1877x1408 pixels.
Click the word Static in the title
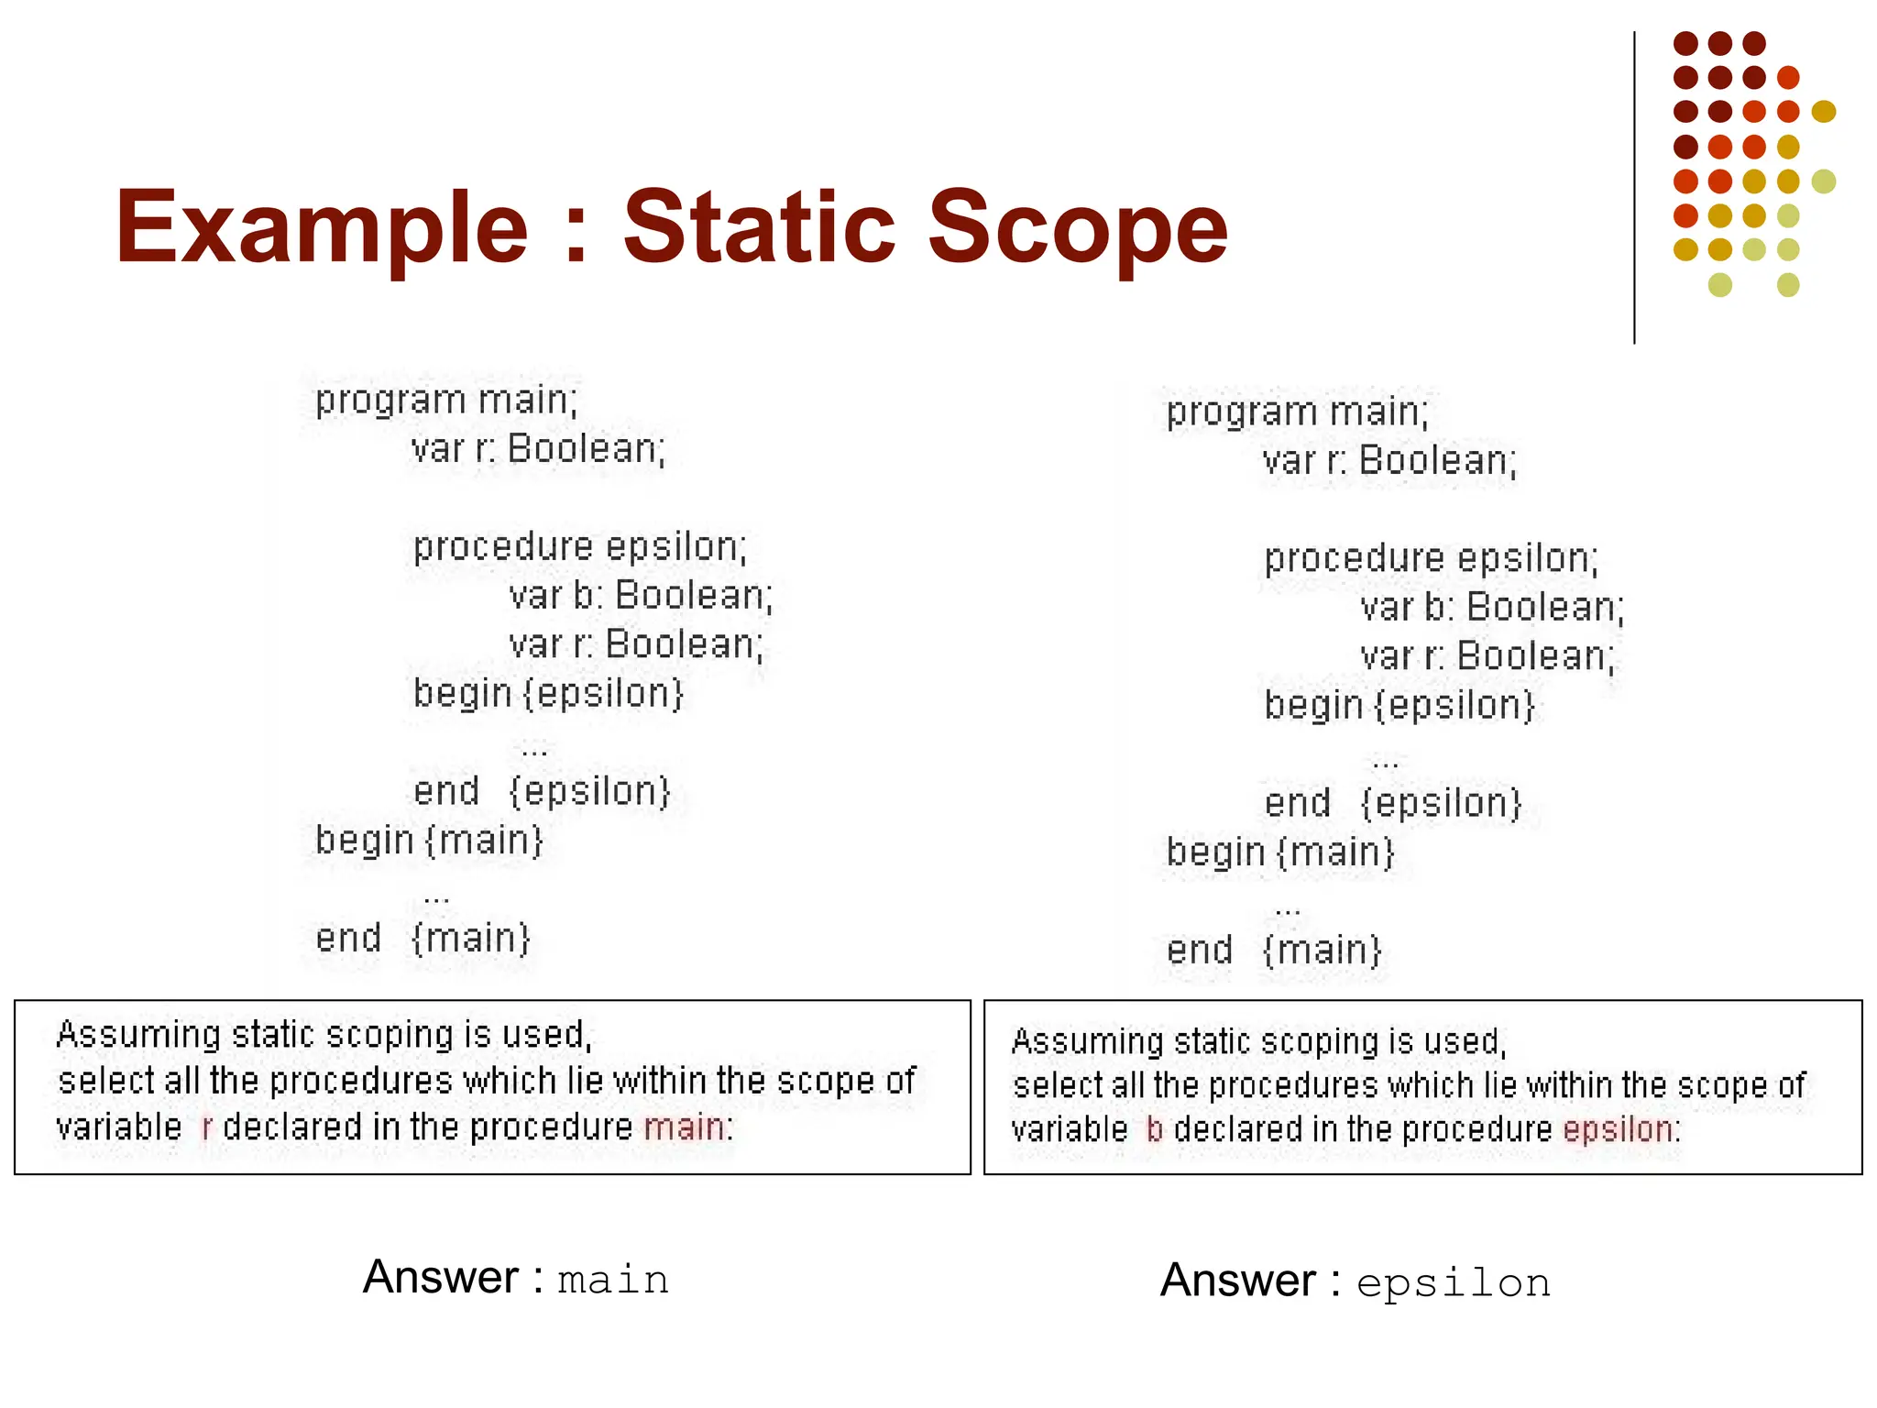[760, 226]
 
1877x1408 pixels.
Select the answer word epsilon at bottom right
[1454, 1283]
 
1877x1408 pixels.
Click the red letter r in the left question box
[207, 1127]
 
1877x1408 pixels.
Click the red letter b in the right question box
[1154, 1129]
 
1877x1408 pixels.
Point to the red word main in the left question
[684, 1127]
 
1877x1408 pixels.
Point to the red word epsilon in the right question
[1619, 1129]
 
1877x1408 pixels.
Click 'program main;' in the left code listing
[446, 401]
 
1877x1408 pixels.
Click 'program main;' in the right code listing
[1297, 412]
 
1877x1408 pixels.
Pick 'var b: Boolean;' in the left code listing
[641, 596]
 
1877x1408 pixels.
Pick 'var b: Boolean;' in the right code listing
[1491, 608]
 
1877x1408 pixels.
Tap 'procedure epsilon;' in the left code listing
[580, 547]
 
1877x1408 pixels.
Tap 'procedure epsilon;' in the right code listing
[1431, 559]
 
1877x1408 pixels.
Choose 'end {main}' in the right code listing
[1273, 951]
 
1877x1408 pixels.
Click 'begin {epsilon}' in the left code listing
[548, 694]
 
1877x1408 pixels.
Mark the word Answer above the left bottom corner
[441, 1277]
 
